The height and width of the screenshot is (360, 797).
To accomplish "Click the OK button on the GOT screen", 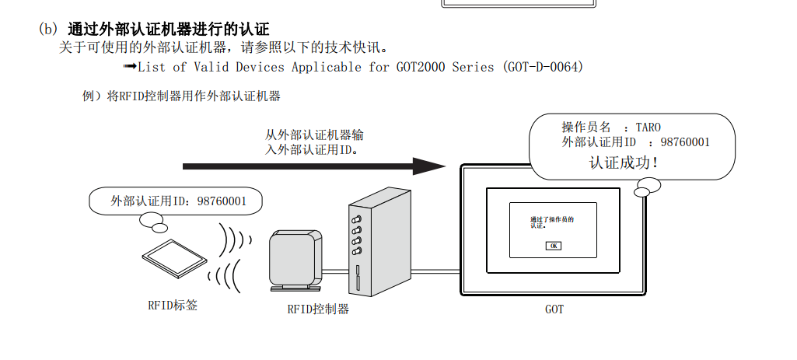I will (x=553, y=246).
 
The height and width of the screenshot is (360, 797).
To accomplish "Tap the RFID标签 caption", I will (x=173, y=306).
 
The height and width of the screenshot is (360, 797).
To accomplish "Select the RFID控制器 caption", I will (x=318, y=309).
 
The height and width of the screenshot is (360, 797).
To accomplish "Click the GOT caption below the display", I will (x=554, y=309).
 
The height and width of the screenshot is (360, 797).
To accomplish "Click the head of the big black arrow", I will (x=428, y=166).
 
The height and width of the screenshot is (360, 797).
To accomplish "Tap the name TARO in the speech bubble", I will (x=648, y=127).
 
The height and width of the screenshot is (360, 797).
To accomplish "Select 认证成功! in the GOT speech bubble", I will (x=624, y=163).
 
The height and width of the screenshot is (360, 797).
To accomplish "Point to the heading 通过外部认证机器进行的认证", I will (x=168, y=30).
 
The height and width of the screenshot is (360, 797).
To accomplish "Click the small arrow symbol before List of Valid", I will (x=130, y=67).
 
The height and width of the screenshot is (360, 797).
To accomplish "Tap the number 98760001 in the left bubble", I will (x=222, y=201).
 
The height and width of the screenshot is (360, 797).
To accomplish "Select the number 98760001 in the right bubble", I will (x=684, y=142).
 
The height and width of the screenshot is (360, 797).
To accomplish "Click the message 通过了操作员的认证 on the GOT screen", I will (x=551, y=222).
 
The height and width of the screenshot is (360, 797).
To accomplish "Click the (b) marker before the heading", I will (x=48, y=30).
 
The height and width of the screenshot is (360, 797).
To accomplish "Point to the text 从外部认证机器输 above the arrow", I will (x=314, y=135).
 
